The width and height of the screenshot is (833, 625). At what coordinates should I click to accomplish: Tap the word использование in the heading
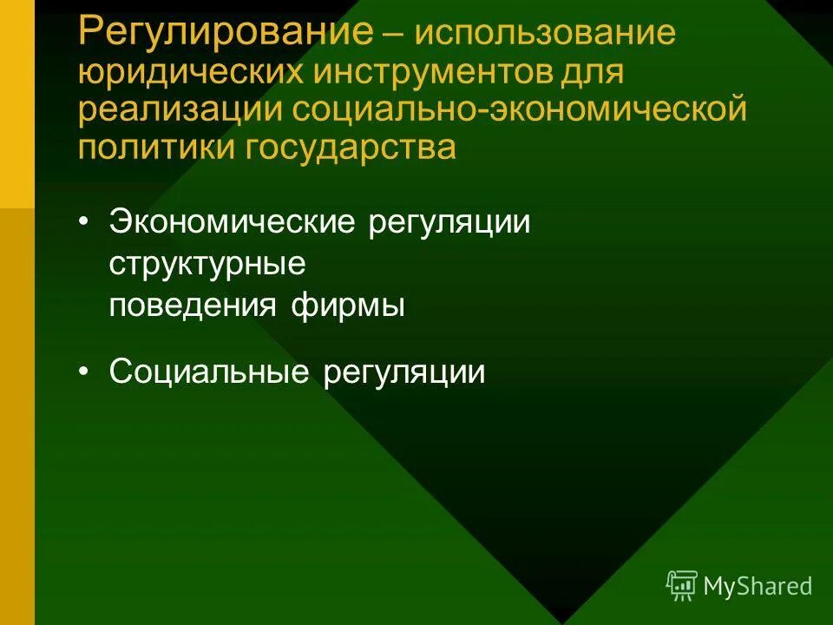pyautogui.click(x=545, y=36)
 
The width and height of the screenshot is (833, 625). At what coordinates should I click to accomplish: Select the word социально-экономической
pyautogui.click(x=519, y=111)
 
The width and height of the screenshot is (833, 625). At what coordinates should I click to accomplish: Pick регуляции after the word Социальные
pyautogui.click(x=404, y=372)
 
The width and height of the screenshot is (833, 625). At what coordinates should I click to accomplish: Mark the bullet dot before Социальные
pyautogui.click(x=83, y=372)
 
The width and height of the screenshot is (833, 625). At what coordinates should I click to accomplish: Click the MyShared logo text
pyautogui.click(x=758, y=586)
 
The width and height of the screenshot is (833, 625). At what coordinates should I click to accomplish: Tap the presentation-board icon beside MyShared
pyautogui.click(x=681, y=586)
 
